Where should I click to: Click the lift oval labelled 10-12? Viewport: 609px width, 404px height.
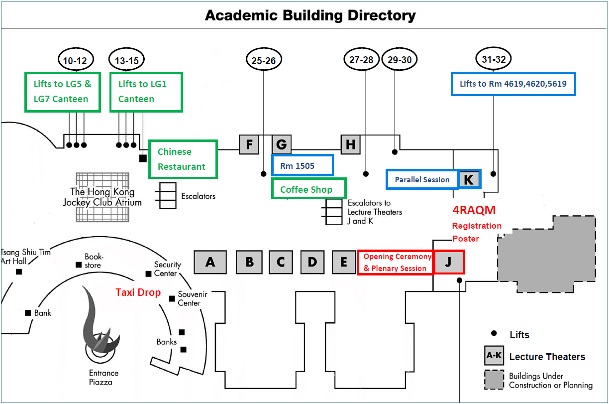click(75, 61)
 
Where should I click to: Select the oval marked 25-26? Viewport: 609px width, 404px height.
click(264, 60)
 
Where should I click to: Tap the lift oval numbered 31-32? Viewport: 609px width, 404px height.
click(494, 59)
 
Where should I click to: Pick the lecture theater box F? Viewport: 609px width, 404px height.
click(250, 145)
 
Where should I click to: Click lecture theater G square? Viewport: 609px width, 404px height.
click(282, 145)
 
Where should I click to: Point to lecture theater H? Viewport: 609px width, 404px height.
click(351, 145)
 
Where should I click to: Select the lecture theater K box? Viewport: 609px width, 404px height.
click(469, 179)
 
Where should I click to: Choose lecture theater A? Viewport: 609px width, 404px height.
click(210, 262)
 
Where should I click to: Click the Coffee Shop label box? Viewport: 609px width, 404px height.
click(308, 189)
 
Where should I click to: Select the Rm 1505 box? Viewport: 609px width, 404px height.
click(302, 165)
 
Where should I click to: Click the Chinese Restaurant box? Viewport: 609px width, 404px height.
click(183, 159)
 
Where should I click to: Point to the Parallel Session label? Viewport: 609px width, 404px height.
click(422, 179)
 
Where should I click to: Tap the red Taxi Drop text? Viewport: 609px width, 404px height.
click(138, 292)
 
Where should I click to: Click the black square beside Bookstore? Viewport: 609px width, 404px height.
click(79, 265)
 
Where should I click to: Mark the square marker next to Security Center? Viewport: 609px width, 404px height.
click(148, 274)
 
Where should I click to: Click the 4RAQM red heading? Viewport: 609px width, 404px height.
click(474, 210)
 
